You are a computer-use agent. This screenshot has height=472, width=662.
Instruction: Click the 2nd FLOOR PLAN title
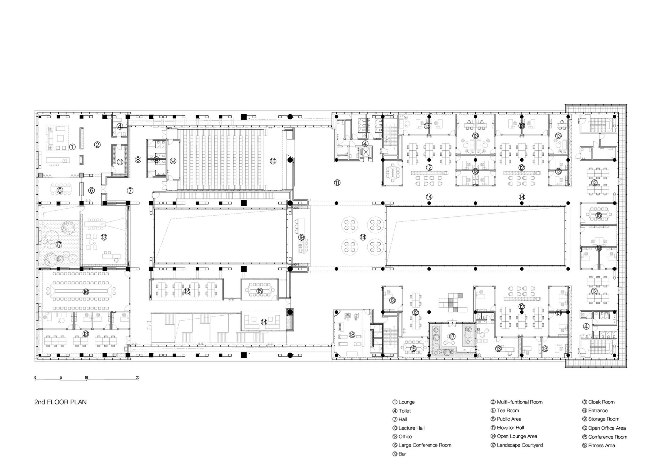[61, 402]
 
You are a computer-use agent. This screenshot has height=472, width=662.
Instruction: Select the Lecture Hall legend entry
[408, 428]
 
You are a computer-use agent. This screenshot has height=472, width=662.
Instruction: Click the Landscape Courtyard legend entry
[517, 445]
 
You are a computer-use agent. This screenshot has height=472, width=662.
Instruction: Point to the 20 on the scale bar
[138, 378]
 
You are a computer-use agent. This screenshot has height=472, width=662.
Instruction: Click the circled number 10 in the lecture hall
[273, 161]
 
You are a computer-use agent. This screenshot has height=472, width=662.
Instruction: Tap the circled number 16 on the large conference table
[86, 292]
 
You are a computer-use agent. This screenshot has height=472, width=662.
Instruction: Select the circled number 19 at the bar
[301, 237]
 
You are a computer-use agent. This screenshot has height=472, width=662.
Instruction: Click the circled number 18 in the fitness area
[352, 335]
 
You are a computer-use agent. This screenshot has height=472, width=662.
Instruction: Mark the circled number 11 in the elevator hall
[337, 182]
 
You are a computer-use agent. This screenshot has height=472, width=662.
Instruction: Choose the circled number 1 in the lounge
[72, 147]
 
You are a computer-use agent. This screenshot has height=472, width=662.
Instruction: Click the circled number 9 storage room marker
[173, 161]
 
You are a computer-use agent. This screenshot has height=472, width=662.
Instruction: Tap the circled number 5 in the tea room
[60, 190]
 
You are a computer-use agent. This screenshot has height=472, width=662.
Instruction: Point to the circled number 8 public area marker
[138, 160]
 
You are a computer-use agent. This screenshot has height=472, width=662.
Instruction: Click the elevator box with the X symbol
[366, 152]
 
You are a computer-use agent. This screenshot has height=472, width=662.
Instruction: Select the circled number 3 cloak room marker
[120, 162]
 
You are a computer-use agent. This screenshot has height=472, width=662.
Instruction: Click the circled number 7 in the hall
[130, 190]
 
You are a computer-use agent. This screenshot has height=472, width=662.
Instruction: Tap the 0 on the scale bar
[35, 378]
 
